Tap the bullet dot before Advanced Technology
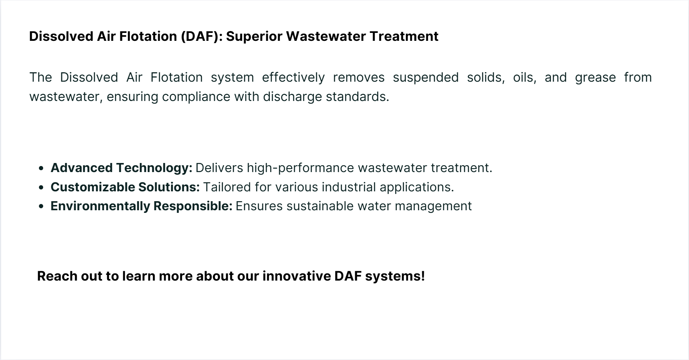(41, 168)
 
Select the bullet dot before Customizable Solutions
(41, 188)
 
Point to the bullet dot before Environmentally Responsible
(41, 206)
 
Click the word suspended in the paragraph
(426, 78)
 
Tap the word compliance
(196, 97)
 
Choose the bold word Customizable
(93, 187)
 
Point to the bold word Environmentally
(100, 206)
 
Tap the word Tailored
(227, 187)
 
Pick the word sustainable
(320, 206)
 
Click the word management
(433, 207)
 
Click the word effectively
(293, 78)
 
